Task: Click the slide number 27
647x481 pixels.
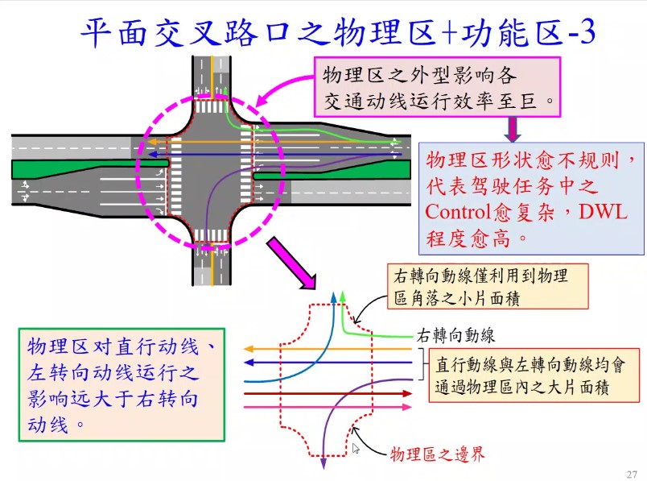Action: (x=631, y=473)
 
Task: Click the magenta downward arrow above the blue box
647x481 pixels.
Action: (x=512, y=128)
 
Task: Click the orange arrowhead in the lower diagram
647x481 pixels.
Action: (x=246, y=349)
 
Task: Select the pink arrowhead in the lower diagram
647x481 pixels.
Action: (x=405, y=408)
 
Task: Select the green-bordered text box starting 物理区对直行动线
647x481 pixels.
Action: (x=120, y=384)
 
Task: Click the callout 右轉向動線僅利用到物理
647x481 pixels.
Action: (x=477, y=286)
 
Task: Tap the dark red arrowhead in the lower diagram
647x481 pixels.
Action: (x=405, y=394)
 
